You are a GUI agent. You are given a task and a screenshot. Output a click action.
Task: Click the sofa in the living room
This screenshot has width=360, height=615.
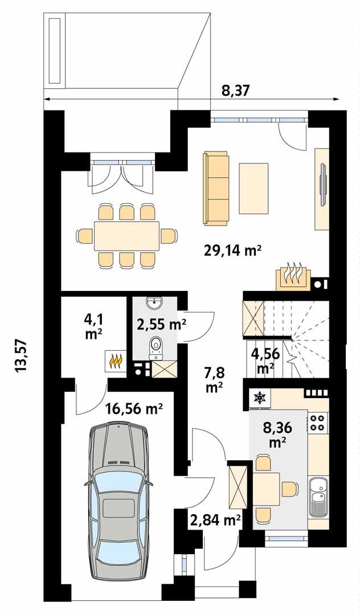pyautogui.click(x=216, y=187)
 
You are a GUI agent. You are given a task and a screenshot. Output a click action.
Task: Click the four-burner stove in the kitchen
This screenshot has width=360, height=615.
pyautogui.click(x=318, y=422)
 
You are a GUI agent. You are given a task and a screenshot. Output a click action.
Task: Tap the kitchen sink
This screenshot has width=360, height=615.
pyautogui.click(x=318, y=495)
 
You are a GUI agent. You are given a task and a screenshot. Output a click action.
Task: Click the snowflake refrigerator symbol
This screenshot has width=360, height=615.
pyautogui.click(x=259, y=398)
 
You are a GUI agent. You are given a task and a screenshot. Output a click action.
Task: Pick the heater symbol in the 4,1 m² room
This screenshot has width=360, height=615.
pyautogui.click(x=116, y=360)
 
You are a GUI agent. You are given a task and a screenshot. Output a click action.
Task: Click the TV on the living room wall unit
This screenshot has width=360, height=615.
pyautogui.click(x=323, y=185)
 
